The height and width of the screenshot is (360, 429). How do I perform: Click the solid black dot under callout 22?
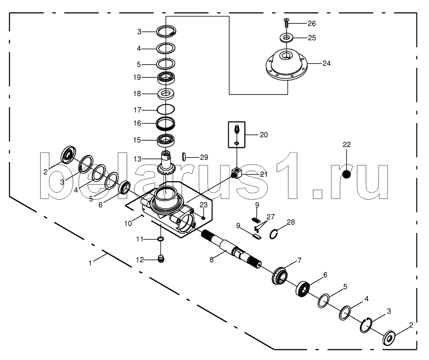pyautogui.click(x=347, y=174)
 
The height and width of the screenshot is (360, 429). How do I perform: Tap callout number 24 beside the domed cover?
pyautogui.click(x=326, y=64)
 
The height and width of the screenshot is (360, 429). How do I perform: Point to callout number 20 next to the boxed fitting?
pyautogui.click(x=264, y=135)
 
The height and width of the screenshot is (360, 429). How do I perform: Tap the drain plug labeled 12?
pyautogui.click(x=161, y=259)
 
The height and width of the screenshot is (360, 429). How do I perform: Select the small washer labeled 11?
pyautogui.click(x=161, y=239)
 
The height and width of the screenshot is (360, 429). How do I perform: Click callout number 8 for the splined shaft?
pyautogui.click(x=212, y=260)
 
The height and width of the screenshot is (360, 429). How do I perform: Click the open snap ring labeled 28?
pyautogui.click(x=274, y=234)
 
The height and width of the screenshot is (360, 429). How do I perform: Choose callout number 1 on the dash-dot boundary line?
pyautogui.click(x=90, y=263)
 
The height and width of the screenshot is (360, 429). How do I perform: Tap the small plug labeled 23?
pyautogui.click(x=203, y=218)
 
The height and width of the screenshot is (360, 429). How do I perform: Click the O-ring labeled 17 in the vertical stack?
pyautogui.click(x=166, y=110)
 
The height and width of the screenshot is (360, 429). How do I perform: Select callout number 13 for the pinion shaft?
pyautogui.click(x=137, y=159)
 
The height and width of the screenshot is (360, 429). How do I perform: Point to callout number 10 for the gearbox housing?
pyautogui.click(x=128, y=223)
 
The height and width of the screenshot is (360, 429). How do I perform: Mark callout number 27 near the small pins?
pyautogui.click(x=271, y=217)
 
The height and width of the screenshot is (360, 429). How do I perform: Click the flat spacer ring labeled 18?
pyautogui.click(x=166, y=94)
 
